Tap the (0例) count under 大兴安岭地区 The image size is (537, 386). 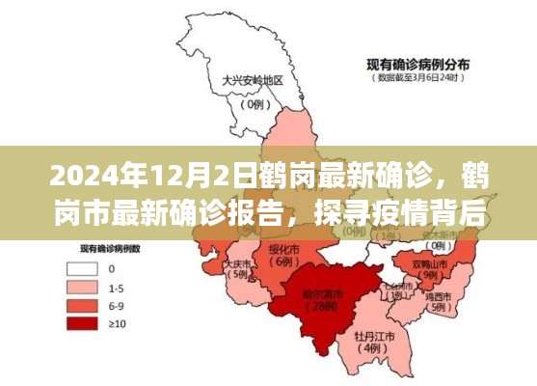[x=255, y=102]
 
